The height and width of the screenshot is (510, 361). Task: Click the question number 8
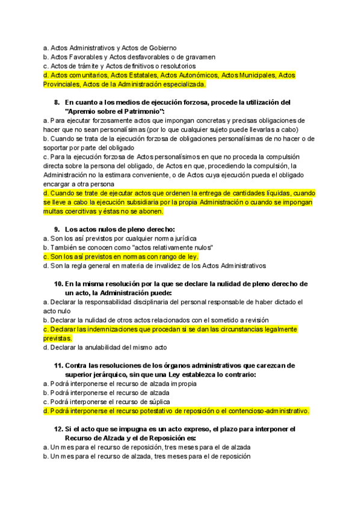click(57, 102)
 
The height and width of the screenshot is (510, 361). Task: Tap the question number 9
click(57, 229)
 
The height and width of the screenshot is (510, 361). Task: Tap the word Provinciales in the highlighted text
click(63, 84)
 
